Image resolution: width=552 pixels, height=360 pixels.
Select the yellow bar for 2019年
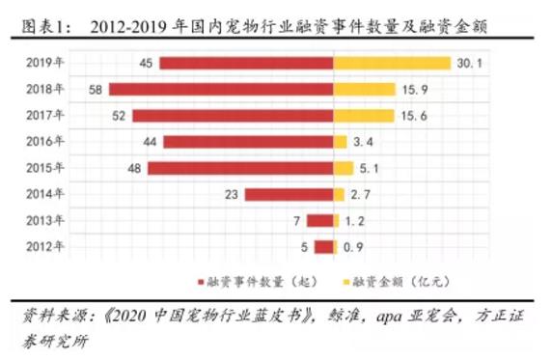392,64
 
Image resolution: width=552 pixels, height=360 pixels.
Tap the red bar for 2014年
289,194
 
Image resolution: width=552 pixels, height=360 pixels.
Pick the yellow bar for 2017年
364,116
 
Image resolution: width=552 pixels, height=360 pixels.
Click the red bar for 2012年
323,246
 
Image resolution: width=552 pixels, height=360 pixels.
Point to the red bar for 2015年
240,168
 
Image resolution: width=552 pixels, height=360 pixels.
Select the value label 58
95,90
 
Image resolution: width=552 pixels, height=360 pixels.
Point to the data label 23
231,194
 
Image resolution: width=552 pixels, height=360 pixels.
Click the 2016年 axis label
45,142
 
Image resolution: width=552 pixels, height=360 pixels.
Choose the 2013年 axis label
45,220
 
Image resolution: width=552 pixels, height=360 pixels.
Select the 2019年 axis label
45,63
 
